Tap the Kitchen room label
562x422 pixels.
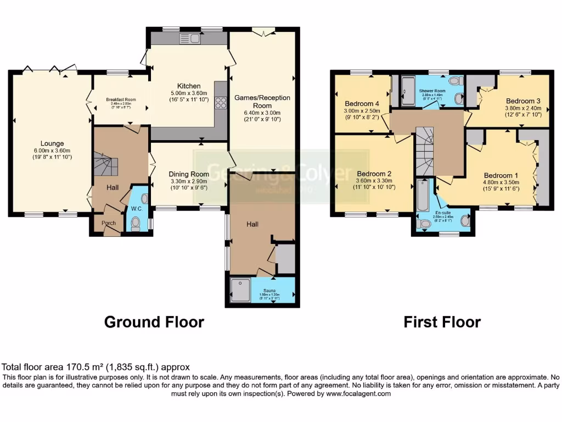[188, 86]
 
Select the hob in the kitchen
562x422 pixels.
[221, 102]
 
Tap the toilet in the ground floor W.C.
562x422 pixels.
[136, 223]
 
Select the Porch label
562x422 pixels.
[105, 224]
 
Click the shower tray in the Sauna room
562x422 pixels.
[240, 288]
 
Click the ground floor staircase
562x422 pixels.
[104, 165]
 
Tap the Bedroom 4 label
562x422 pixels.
[362, 103]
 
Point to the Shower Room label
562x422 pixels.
[432, 91]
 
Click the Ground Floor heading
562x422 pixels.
[154, 322]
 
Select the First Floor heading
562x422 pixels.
[442, 322]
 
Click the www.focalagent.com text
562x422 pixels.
[358, 393]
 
